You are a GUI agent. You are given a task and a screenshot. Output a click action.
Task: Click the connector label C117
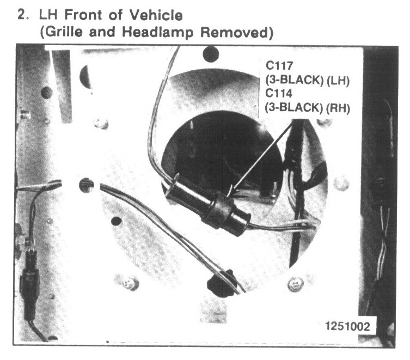coord(279,66)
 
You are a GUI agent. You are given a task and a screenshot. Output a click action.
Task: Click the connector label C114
coord(279,93)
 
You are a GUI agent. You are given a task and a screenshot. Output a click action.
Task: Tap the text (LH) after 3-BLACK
coord(338,81)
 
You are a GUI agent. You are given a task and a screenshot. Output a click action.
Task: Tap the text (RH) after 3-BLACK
coord(338,108)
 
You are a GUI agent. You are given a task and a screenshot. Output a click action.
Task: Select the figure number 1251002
coord(347,327)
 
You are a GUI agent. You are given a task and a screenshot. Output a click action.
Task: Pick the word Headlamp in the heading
coord(158,33)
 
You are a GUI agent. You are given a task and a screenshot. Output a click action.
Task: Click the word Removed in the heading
coord(237,33)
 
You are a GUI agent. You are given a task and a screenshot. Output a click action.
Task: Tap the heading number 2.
coord(23,15)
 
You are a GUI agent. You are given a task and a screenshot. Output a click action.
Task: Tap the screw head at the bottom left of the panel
coord(130,283)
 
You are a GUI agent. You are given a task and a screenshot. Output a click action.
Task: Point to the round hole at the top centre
coord(211,54)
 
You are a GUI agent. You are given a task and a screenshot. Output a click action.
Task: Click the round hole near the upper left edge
coord(47,93)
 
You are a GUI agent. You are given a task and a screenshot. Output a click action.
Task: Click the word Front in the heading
coord(83,15)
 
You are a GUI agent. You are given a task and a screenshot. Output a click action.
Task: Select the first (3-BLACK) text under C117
coord(295,81)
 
